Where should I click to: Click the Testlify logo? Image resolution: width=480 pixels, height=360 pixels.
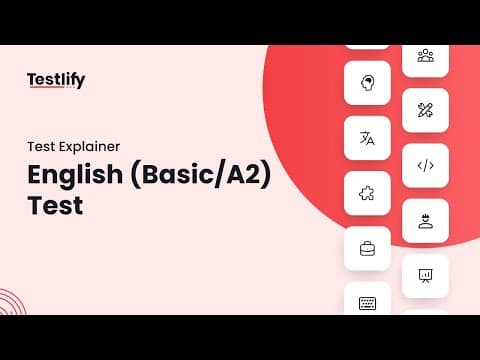tap(56, 80)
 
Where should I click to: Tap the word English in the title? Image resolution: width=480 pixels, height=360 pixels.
tap(75, 175)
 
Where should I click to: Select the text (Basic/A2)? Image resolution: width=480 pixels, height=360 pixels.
tap(200, 175)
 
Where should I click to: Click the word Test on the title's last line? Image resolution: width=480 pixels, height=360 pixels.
tap(55, 205)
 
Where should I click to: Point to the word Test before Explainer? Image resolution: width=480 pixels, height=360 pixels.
tap(46, 147)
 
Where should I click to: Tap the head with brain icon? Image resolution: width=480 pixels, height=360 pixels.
tap(367, 83)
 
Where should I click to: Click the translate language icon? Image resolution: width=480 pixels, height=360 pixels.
tap(367, 138)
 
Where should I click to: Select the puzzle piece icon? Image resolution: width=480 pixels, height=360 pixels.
tap(367, 193)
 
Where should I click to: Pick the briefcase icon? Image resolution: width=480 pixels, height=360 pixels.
tap(367, 249)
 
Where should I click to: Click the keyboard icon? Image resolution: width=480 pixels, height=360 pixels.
tap(367, 303)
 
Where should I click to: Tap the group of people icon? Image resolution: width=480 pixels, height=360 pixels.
tap(426, 56)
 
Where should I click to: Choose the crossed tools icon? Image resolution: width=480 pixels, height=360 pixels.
tap(425, 110)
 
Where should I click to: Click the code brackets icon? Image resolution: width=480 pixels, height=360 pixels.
tap(426, 166)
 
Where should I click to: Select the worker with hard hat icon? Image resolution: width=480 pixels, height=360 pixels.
tap(425, 221)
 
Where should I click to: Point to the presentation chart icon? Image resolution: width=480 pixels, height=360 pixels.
tap(425, 276)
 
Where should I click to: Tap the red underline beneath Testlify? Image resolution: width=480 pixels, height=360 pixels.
tap(46, 87)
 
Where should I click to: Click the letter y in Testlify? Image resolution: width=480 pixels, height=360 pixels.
tap(80, 82)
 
